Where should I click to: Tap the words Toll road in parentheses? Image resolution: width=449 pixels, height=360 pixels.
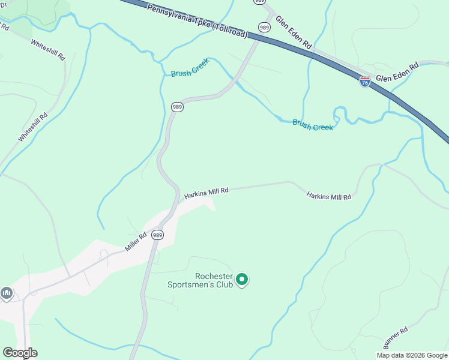(231, 29)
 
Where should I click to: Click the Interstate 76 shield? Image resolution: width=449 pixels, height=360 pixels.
(365, 82)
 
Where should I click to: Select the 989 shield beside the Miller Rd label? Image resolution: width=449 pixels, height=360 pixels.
(157, 235)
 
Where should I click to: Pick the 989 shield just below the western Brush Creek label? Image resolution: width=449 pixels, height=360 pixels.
(176, 107)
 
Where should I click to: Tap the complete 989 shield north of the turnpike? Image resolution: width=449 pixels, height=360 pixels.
(264, 27)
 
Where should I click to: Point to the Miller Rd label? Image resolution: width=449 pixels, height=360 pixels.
(136, 242)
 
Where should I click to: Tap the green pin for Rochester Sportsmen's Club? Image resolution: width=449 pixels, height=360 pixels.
(242, 280)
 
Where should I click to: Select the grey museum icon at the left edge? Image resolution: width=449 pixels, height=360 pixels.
(7, 293)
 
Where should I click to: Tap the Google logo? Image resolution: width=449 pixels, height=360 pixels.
(20, 353)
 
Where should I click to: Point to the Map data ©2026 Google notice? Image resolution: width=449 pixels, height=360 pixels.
(411, 355)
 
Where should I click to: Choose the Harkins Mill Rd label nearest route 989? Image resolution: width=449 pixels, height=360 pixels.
(206, 193)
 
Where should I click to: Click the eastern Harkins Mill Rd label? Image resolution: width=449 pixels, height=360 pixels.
(328, 196)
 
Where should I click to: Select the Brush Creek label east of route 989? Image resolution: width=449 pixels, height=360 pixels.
(312, 124)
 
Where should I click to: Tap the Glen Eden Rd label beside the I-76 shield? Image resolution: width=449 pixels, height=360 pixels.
(396, 73)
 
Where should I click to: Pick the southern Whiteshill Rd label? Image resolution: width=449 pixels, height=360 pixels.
(32, 128)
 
